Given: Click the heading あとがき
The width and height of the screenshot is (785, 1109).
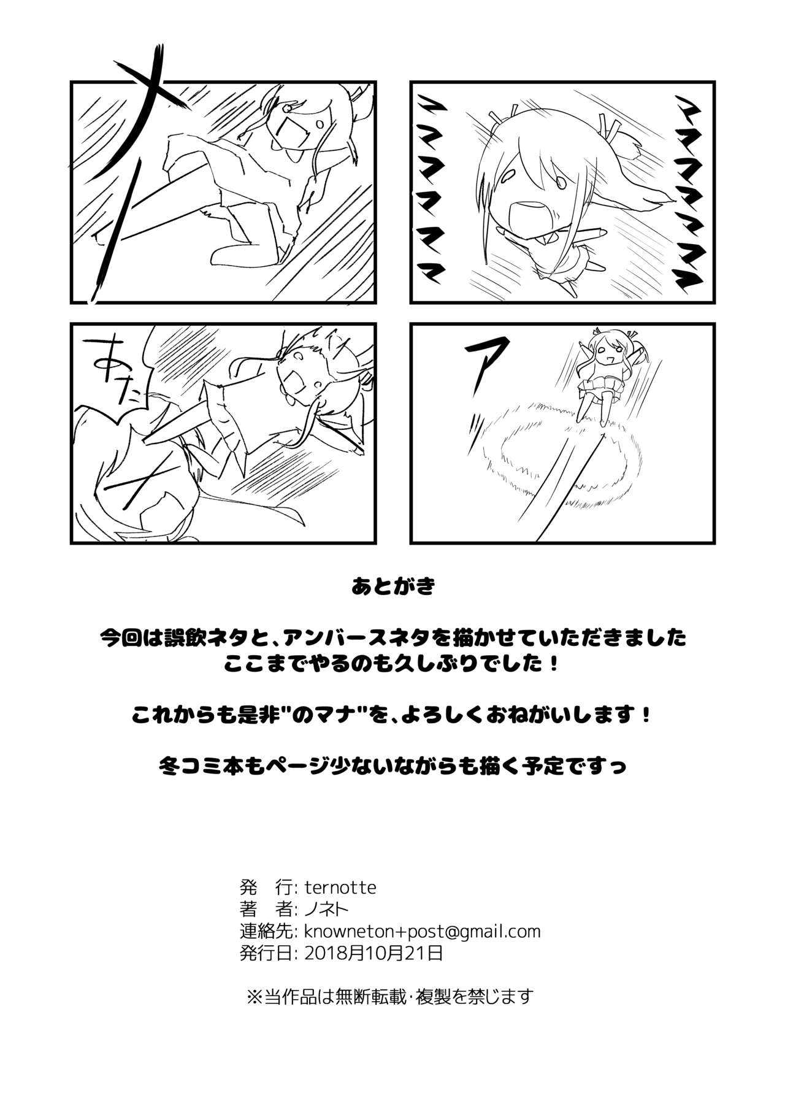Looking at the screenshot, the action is click(392, 586).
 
